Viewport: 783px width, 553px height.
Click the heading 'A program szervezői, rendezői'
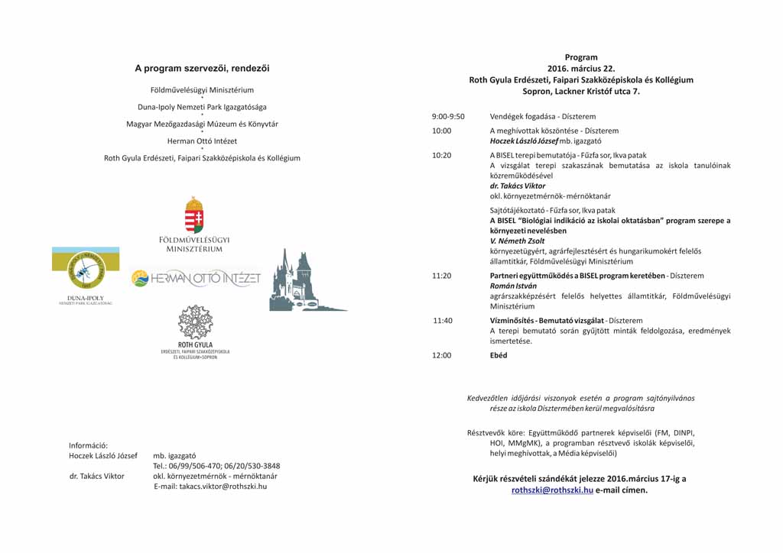[x=202, y=69]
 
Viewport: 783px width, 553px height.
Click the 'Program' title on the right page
[x=581, y=57]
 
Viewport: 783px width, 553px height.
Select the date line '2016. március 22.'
[x=581, y=69]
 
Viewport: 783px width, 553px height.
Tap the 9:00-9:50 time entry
[x=448, y=117]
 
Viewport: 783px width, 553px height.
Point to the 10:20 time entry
[x=442, y=155]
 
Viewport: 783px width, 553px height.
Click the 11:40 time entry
[x=443, y=320]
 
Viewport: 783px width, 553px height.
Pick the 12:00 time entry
[x=442, y=355]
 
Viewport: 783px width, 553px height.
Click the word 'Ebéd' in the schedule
[x=499, y=355]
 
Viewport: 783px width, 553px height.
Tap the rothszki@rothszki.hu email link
[x=552, y=490]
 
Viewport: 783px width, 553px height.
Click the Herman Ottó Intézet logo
[x=197, y=279]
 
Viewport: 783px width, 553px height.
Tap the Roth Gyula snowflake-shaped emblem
[x=195, y=322]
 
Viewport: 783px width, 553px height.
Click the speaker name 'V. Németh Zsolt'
[x=518, y=241]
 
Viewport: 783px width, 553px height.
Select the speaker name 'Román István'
[x=509, y=286]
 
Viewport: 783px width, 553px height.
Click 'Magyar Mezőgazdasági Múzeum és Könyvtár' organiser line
[x=202, y=124]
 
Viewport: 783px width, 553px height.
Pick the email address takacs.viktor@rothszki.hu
[x=210, y=487]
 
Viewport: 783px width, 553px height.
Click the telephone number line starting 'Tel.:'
[x=216, y=466]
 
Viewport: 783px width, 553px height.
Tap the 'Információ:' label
[x=89, y=445]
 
